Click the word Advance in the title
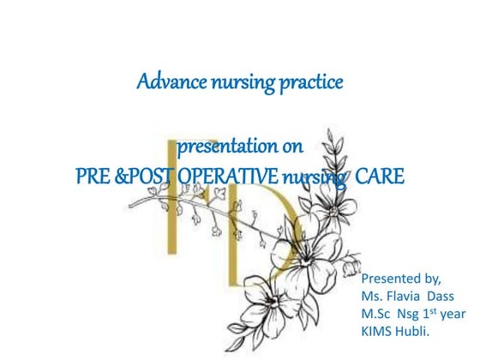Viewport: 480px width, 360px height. click(x=167, y=84)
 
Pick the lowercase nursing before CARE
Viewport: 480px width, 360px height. click(x=315, y=178)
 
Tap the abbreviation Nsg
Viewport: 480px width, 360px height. click(x=411, y=312)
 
